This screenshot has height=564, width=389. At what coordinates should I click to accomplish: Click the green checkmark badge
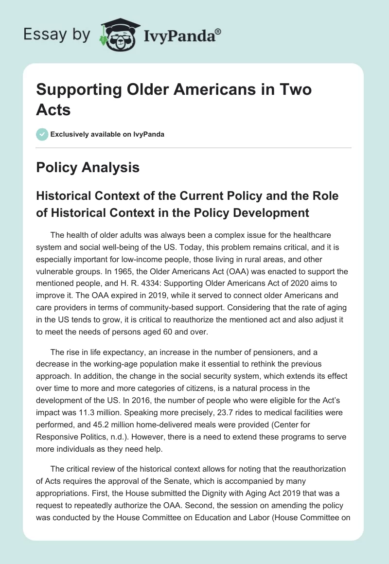[42, 134]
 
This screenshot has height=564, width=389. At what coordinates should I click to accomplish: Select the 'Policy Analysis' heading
[88, 167]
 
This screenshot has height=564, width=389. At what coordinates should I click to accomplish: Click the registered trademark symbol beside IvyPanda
[218, 32]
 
